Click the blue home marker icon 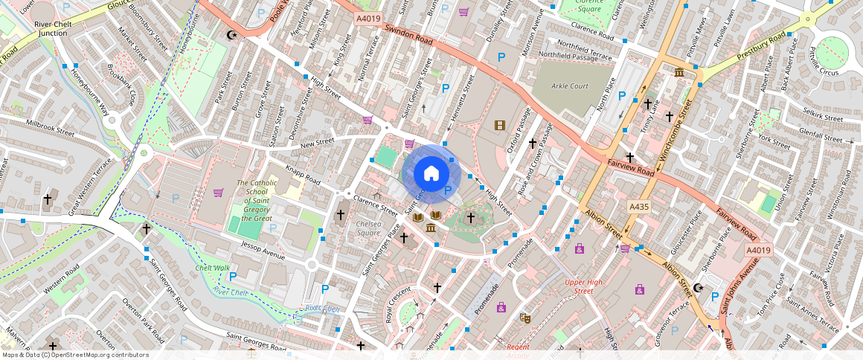(431, 174)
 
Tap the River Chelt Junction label (53, 28)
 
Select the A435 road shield (638, 206)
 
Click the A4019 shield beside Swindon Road (368, 18)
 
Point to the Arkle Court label (570, 86)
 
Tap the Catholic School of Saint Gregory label (257, 200)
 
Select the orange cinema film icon (499, 125)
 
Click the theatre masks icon (524, 318)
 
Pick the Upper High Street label (583, 286)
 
